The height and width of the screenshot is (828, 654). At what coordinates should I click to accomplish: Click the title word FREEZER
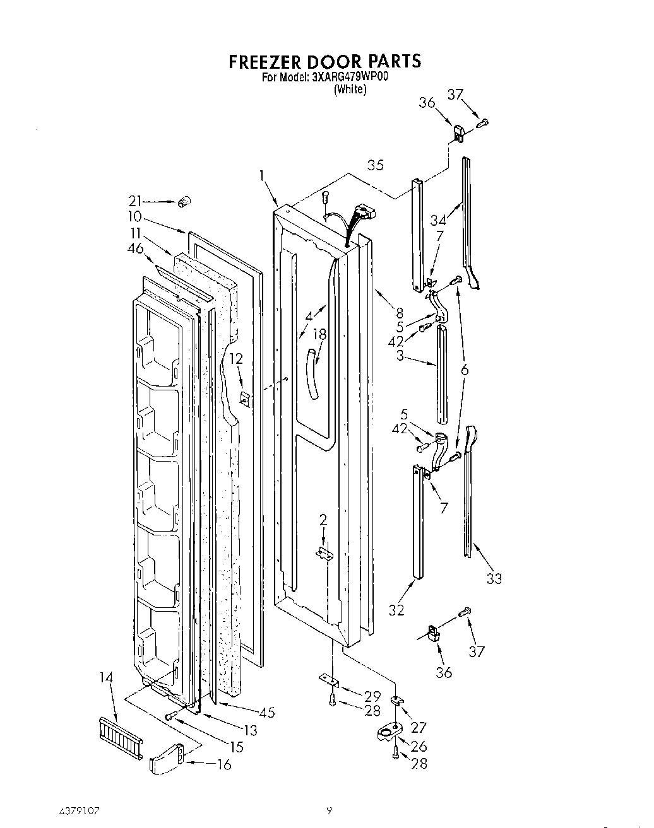pos(265,62)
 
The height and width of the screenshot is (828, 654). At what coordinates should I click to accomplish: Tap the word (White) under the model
pos(349,90)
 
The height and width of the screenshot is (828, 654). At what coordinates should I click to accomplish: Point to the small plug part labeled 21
pos(184,202)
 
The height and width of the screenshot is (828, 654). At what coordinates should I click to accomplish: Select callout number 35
pos(376,165)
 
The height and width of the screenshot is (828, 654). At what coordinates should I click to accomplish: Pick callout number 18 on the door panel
pos(320,335)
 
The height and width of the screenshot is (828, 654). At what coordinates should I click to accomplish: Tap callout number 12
pos(235,359)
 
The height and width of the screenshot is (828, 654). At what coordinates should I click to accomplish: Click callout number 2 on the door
pos(323,520)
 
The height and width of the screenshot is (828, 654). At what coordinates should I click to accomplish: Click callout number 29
pos(372,696)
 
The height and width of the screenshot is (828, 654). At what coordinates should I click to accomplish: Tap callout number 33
pos(494,578)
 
